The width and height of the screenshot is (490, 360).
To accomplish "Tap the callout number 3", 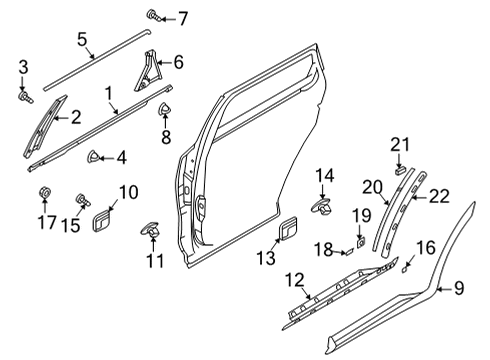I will pos(23,67).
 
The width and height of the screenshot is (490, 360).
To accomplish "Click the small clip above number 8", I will pos(165,107).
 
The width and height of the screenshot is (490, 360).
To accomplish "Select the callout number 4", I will pos(121,156).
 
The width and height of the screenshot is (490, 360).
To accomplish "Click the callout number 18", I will pos(324,248).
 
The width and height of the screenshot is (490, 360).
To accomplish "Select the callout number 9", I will pos(458,289).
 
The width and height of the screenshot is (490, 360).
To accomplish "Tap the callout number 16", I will pos(425,247).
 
